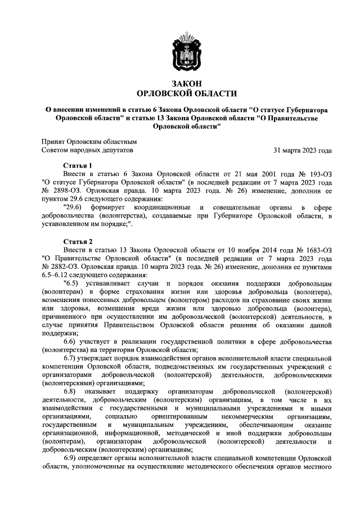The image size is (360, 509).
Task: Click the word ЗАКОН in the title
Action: pyautogui.click(x=187, y=83)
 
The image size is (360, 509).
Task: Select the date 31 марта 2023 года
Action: pyautogui.click(x=302, y=151)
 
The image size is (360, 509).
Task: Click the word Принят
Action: pyautogui.click(x=53, y=143)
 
